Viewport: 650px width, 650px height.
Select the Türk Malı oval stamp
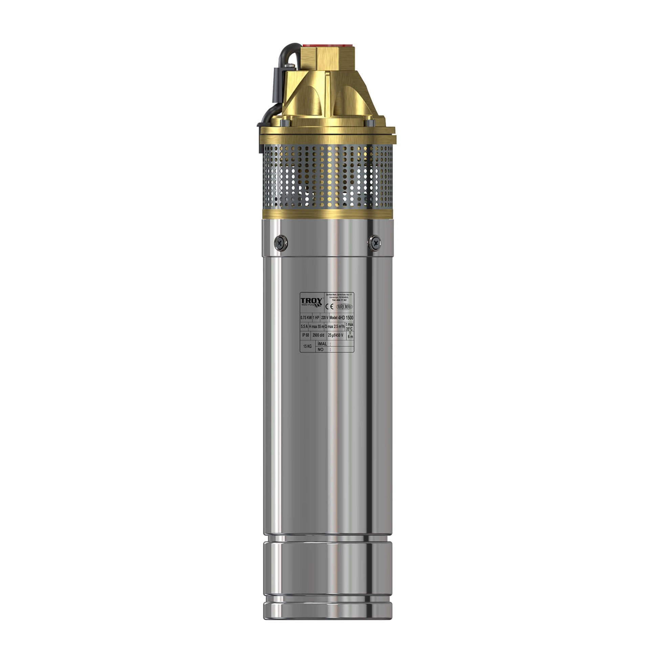(x=344, y=306)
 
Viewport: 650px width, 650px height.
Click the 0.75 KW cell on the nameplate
(x=306, y=318)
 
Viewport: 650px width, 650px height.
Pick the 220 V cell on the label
(x=324, y=318)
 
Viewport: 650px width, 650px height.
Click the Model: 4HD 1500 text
(x=341, y=318)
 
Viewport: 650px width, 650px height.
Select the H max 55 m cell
(x=316, y=327)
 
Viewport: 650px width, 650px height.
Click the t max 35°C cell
(x=350, y=327)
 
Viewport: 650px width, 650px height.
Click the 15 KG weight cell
(x=307, y=346)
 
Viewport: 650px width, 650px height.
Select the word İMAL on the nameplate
(x=322, y=344)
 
